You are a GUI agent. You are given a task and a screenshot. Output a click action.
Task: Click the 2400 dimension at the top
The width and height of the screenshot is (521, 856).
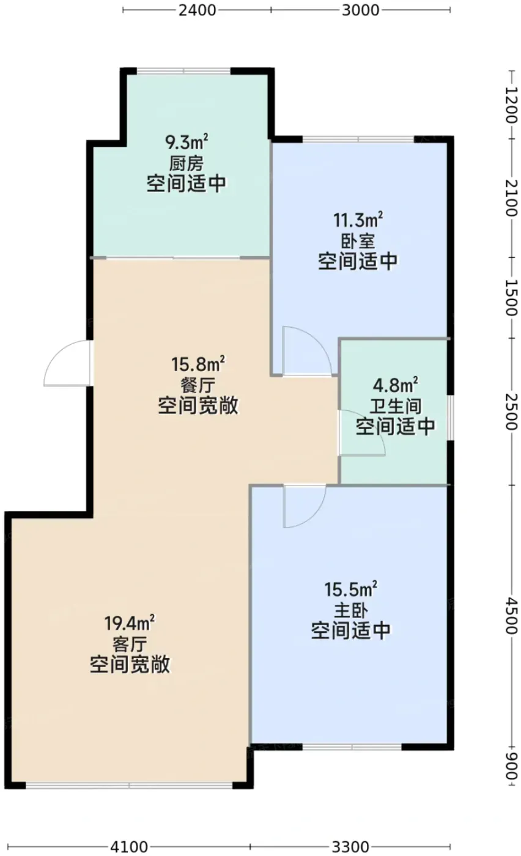[198, 10]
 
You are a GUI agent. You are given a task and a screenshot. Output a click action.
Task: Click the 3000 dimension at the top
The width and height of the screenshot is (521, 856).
[360, 10]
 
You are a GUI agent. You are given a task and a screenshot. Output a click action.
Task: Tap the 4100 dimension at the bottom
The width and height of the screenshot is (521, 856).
[129, 847]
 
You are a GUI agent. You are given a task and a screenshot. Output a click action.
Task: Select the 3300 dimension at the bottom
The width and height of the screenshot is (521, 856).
[350, 847]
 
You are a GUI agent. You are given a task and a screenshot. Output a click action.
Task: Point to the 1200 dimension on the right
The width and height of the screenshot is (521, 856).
[511, 105]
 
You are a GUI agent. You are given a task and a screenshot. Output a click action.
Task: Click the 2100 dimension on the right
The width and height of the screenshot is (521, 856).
[511, 198]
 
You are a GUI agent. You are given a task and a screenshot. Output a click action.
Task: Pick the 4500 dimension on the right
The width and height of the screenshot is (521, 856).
[511, 615]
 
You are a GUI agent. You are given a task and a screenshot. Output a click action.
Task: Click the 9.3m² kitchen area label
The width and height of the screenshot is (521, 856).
[187, 142]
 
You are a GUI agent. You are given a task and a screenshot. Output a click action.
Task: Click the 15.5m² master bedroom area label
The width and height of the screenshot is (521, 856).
[351, 589]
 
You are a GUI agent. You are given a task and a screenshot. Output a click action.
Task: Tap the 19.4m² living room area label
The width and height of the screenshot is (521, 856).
[130, 624]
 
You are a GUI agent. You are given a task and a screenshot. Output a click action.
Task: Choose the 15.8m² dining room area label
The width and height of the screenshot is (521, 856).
[198, 364]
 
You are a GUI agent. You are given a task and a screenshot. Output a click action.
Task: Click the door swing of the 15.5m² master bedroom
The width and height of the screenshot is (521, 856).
[314, 515]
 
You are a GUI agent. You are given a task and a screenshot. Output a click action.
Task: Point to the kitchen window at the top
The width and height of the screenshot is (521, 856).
[184, 71]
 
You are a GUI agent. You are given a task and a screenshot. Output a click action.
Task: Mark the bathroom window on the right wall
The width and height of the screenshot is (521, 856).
[451, 417]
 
